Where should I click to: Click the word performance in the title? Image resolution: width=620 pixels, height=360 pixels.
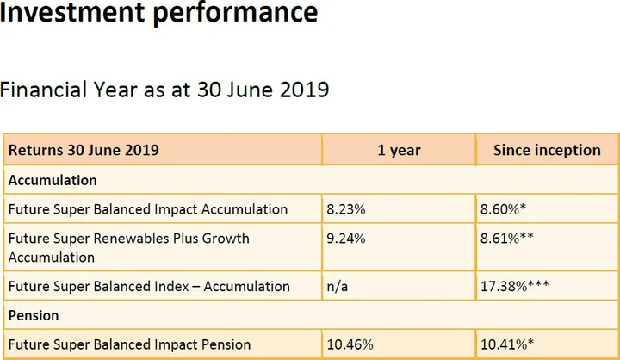point(239,12)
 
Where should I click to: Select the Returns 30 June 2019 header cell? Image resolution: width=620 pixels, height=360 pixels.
point(84,150)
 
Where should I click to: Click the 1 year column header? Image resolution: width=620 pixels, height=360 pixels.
point(399,150)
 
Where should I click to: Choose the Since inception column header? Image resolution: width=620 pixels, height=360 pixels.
point(547,150)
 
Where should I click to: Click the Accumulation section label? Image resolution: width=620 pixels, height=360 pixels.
point(53,180)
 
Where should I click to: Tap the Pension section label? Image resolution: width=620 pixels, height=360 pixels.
point(34,316)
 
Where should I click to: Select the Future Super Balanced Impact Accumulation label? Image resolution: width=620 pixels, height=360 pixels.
point(148,208)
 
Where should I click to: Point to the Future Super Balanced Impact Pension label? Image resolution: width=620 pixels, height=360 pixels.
point(129,344)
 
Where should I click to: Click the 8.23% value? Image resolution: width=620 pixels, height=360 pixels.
point(345,208)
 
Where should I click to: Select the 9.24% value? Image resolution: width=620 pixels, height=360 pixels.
point(345,238)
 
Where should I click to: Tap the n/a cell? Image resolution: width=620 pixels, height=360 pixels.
point(338,286)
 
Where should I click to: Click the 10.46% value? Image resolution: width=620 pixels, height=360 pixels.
point(350,344)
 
